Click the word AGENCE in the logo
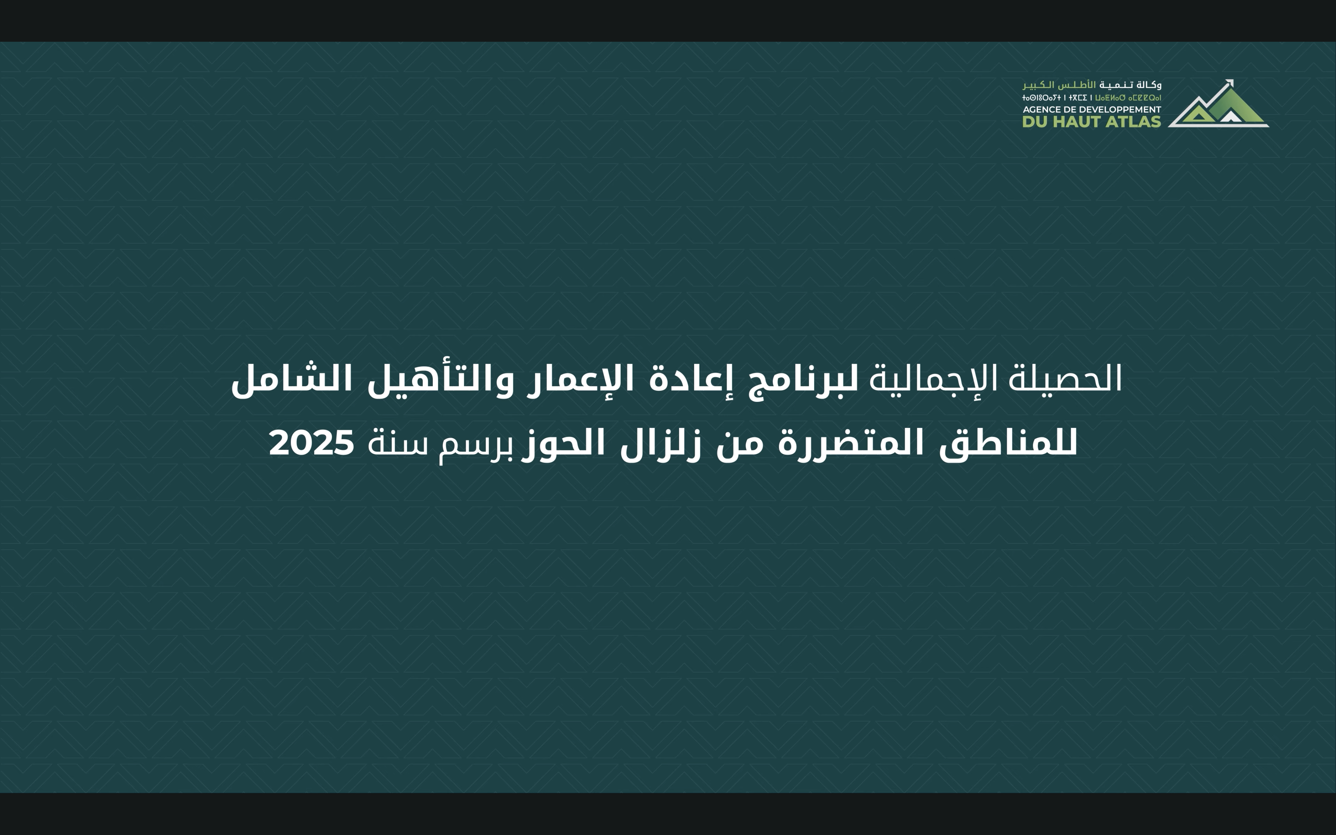(x=1040, y=109)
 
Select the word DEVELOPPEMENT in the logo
(x=1126, y=109)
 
